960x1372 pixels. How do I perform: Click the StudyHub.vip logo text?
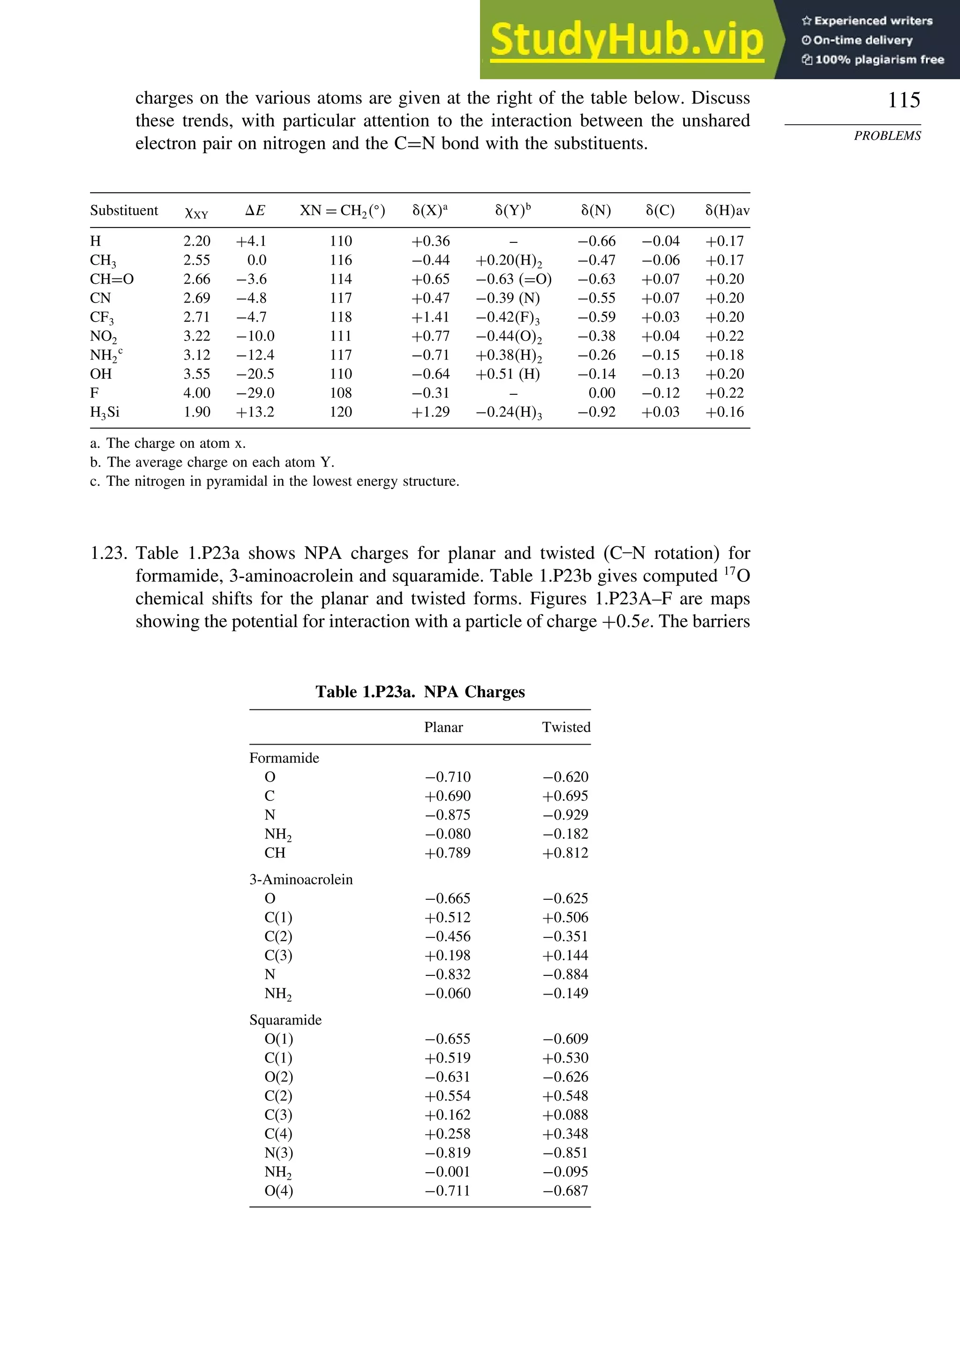[627, 39]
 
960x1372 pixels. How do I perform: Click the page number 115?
[904, 100]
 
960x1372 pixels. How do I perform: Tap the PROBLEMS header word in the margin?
[887, 136]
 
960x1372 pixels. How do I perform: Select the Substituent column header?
[124, 211]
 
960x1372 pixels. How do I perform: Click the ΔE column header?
[255, 211]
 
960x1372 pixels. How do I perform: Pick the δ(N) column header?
[596, 211]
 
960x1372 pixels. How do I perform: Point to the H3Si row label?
[105, 412]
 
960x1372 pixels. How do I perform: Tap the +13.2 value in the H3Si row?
[255, 412]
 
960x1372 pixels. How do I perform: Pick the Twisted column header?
[566, 727]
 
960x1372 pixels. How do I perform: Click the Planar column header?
[443, 727]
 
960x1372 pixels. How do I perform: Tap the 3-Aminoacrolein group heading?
[300, 879]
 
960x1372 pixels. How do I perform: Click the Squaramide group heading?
[285, 1019]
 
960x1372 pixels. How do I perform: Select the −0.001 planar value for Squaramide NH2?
[448, 1171]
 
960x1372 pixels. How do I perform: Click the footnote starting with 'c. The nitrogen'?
[274, 481]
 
